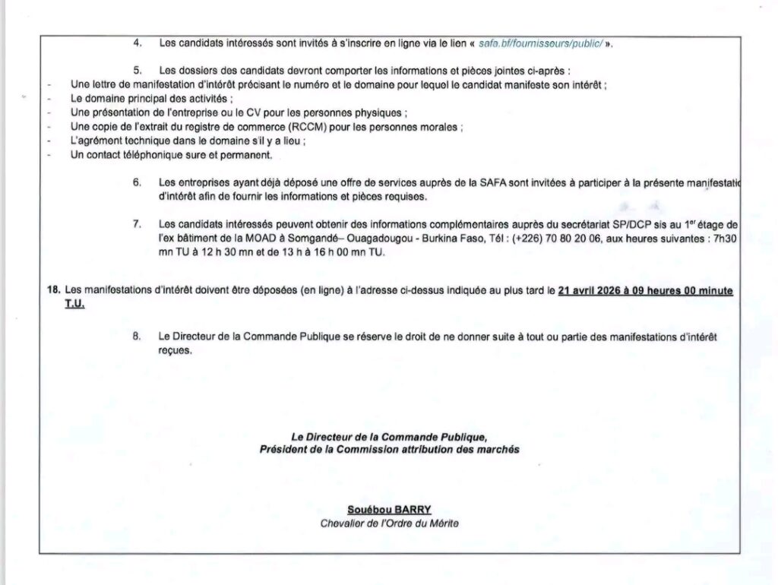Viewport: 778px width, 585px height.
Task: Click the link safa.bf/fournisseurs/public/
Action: [x=541, y=43]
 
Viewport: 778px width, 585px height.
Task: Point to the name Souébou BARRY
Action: [x=388, y=509]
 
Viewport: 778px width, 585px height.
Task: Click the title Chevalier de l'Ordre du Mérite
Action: [x=389, y=523]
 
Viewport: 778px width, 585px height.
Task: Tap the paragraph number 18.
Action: [x=53, y=290]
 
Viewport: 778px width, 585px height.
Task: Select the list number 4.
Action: [x=138, y=43]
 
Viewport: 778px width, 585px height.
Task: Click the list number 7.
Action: [x=138, y=224]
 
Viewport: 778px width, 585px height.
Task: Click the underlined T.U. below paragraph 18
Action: [x=75, y=304]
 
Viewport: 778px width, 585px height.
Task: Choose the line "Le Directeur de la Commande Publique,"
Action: [x=388, y=438]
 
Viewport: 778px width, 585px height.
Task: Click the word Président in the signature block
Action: [x=284, y=451]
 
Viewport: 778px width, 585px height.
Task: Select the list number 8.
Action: [x=138, y=337]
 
